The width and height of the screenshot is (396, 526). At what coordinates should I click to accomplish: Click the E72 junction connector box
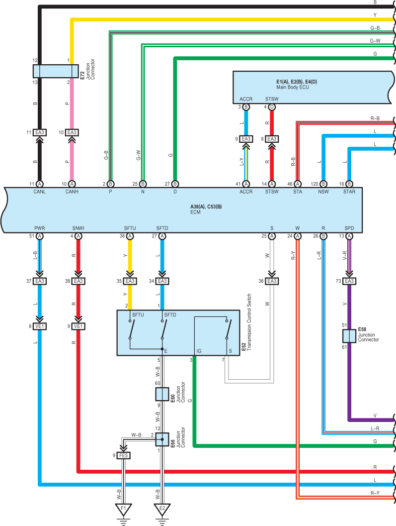56,71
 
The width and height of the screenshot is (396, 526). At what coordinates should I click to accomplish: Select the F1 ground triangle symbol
123,509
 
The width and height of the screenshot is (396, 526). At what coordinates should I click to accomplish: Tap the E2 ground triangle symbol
162,509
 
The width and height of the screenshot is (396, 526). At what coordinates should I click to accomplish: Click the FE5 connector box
123,455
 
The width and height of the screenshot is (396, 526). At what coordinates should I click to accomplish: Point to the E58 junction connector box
349,336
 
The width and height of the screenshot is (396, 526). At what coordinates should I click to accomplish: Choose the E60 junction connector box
162,394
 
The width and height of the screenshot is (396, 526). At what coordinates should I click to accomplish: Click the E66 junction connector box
162,439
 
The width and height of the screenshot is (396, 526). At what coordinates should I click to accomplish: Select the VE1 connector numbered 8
40,326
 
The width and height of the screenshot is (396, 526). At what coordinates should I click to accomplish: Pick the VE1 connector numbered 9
79,326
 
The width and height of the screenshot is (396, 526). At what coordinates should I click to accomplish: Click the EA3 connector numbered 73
349,281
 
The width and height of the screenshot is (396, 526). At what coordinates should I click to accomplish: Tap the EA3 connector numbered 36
272,281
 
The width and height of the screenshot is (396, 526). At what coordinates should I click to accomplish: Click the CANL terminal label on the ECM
40,192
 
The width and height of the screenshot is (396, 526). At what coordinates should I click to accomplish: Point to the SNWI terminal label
79,228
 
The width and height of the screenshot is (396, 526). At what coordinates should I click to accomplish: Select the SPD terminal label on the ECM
349,228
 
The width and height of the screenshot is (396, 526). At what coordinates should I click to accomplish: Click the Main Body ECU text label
293,87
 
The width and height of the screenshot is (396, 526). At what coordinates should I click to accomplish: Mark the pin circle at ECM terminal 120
323,184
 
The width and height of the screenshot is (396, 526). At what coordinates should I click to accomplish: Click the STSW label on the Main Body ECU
272,99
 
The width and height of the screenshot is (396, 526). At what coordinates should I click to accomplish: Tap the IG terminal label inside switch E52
199,351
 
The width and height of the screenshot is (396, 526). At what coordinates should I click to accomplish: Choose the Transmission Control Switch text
249,322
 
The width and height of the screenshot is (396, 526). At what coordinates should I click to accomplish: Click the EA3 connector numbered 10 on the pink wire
72,132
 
